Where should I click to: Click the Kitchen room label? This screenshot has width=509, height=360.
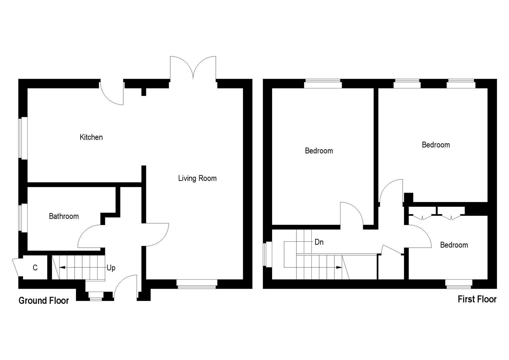91,137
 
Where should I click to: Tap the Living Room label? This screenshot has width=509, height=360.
197,178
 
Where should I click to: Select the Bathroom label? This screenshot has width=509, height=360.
64,216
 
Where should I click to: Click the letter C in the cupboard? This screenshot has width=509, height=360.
35,268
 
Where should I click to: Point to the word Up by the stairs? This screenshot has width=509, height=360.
111,268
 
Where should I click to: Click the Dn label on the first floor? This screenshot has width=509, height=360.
319,242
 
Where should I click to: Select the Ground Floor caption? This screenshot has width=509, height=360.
44,301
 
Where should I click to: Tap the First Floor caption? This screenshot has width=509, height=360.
477,299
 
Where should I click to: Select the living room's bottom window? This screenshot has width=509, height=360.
197,283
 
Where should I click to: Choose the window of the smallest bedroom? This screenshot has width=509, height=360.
459,284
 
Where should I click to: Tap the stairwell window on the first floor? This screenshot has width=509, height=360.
267,254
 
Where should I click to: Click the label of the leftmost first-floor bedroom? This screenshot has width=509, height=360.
319,151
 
